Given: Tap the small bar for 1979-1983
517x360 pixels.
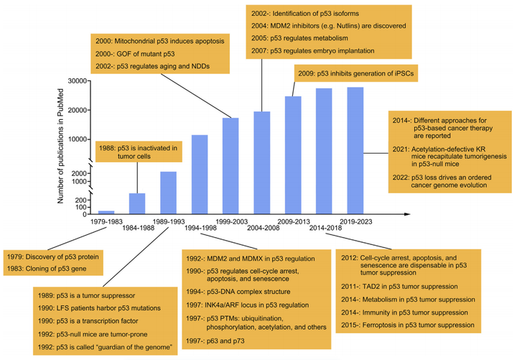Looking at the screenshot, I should pos(106,211).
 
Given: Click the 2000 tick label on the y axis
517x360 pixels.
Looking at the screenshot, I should pos(80,173).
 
